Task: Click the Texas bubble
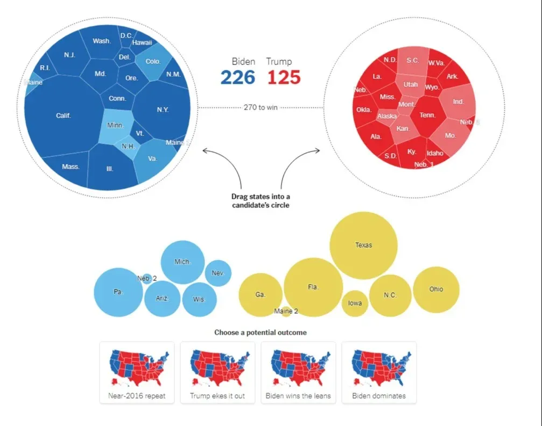(x=363, y=246)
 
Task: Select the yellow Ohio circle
(x=436, y=290)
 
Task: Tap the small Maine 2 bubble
(x=286, y=311)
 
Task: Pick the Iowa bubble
(x=355, y=303)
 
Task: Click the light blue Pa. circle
(x=118, y=292)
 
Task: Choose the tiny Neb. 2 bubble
(x=146, y=278)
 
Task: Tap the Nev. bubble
(x=218, y=273)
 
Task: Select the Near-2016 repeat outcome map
(x=137, y=372)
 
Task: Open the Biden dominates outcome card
(x=379, y=372)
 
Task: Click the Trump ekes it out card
(x=218, y=372)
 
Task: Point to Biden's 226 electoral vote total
(x=237, y=77)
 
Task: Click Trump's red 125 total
(x=284, y=77)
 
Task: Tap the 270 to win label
(x=261, y=107)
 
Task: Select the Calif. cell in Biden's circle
(x=64, y=115)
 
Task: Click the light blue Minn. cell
(x=116, y=126)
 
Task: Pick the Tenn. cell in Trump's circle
(x=427, y=114)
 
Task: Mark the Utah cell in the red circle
(x=411, y=85)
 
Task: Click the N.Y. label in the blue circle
(x=163, y=110)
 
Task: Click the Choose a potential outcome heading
(x=261, y=333)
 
